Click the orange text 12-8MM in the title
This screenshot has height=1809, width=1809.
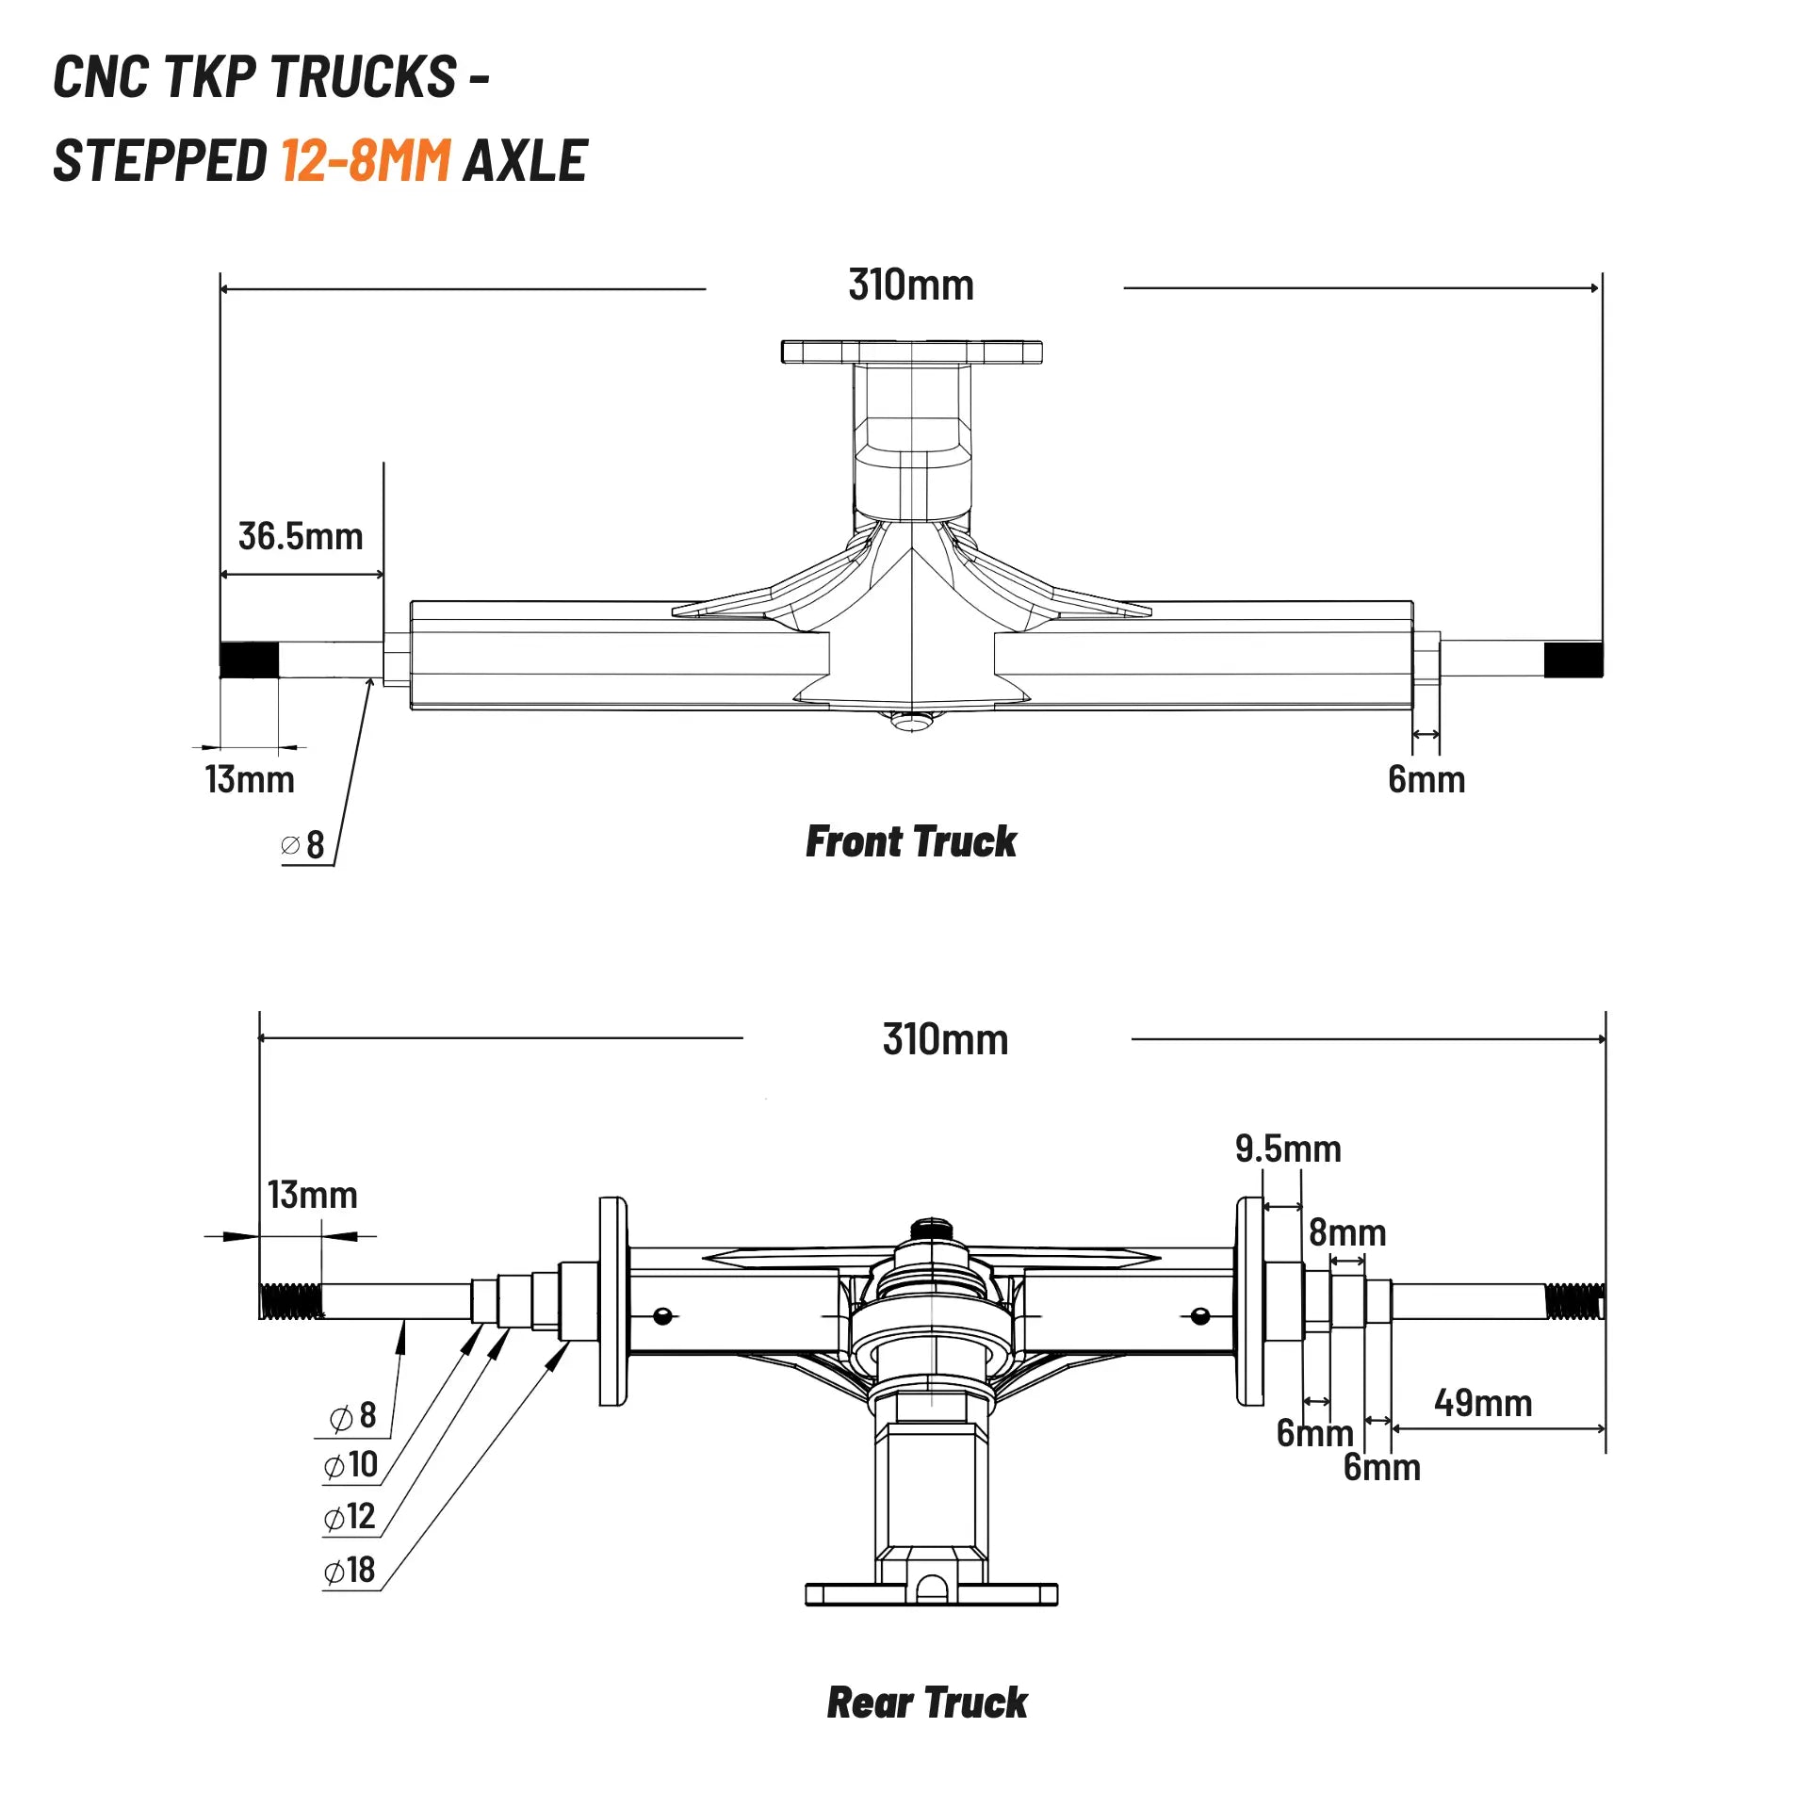(x=366, y=160)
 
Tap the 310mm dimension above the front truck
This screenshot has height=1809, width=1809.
(x=911, y=285)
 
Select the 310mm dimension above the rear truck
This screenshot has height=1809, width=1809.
(x=945, y=1039)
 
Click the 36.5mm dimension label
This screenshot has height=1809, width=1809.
(x=301, y=536)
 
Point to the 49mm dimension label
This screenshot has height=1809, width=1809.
(x=1483, y=1403)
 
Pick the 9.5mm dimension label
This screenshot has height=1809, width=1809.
(x=1288, y=1149)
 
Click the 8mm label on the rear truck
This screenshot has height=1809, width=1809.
(x=1347, y=1232)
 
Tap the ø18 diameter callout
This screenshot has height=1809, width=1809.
(x=350, y=1570)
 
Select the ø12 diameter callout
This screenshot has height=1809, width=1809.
(x=350, y=1516)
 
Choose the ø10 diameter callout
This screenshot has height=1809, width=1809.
(x=350, y=1464)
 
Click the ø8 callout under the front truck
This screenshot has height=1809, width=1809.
(x=303, y=844)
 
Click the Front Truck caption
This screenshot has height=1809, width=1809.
(x=911, y=841)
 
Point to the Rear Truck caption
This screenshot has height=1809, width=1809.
(x=927, y=1703)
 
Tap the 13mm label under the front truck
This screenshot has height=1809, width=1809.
(x=250, y=779)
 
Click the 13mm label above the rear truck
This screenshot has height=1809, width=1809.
(x=313, y=1195)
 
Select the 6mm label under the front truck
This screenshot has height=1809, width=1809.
(x=1426, y=779)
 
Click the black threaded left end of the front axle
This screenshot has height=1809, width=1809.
(x=250, y=660)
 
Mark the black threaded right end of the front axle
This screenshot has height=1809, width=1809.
(x=1573, y=660)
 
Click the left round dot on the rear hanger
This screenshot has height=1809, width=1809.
(x=662, y=1315)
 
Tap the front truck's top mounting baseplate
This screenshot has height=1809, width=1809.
(x=911, y=352)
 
